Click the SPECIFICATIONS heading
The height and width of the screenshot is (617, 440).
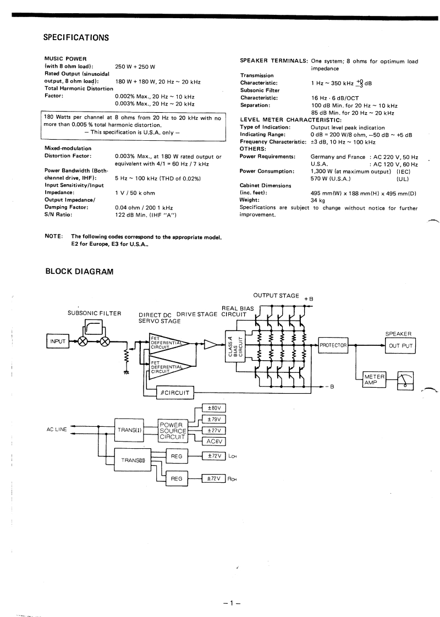tap(76, 38)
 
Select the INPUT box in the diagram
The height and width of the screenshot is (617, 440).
tap(58, 341)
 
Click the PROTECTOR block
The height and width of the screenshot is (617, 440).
tap(333, 345)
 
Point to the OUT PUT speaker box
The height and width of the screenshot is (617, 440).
tap(401, 345)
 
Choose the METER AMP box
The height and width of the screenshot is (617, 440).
tap(375, 380)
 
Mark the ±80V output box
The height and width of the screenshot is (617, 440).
tap(215, 408)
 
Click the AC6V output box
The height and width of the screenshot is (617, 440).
tap(215, 441)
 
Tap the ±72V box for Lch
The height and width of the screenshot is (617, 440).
tap(215, 456)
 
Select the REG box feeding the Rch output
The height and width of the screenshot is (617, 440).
tap(177, 478)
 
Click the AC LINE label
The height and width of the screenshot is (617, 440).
tap(57, 429)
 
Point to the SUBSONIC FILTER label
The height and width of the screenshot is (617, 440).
tap(94, 313)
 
